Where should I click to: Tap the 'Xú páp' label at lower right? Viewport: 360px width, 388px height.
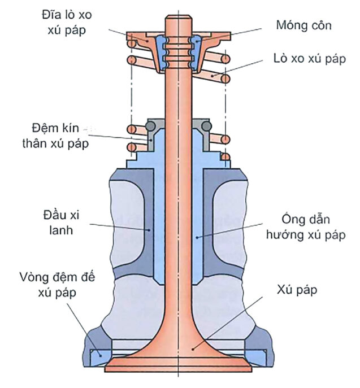[x=297, y=290]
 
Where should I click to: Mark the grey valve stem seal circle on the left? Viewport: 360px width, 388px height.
[x=151, y=125]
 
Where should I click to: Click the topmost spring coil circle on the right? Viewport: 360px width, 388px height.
[x=225, y=59]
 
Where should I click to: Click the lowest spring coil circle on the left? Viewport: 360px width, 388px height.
[x=133, y=148]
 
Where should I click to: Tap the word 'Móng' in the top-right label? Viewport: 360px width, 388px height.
[x=291, y=25]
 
